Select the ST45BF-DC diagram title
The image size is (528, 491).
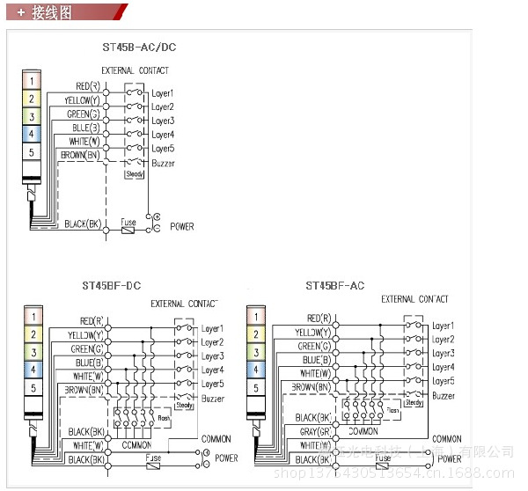pyautogui.click(x=112, y=285)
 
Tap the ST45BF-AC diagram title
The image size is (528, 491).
pyautogui.click(x=334, y=285)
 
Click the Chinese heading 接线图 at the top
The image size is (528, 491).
pyautogui.click(x=51, y=13)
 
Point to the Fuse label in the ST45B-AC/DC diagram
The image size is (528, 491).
pyautogui.click(x=128, y=223)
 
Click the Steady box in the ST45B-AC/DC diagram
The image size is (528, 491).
pyautogui.click(x=134, y=174)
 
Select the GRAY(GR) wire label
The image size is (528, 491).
pyautogui.click(x=312, y=432)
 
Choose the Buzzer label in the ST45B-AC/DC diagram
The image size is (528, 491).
pyautogui.click(x=163, y=163)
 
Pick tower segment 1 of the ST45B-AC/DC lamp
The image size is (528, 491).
pyautogui.click(x=31, y=82)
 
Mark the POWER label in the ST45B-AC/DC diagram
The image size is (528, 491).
pyautogui.click(x=182, y=226)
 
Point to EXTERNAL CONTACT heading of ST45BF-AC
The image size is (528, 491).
pyautogui.click(x=414, y=299)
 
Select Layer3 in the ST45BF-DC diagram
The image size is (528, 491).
pyautogui.click(x=212, y=356)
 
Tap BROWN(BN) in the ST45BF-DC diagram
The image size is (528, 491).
pyautogui.click(x=85, y=388)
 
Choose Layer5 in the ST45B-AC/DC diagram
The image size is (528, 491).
pyautogui.click(x=163, y=149)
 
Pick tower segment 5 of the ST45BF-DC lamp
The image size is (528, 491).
pyautogui.click(x=32, y=387)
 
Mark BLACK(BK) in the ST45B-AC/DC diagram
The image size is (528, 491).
pyautogui.click(x=83, y=224)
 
